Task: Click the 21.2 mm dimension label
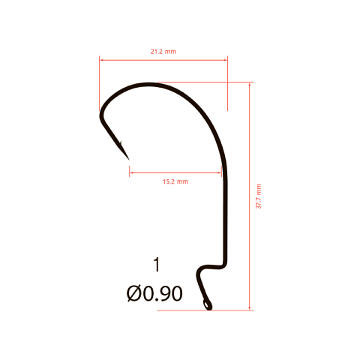pyautogui.click(x=163, y=52)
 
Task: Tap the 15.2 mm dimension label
pyautogui.click(x=175, y=181)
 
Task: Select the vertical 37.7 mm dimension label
pyautogui.click(x=259, y=196)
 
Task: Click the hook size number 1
pyautogui.click(x=157, y=265)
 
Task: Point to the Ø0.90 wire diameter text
pyautogui.click(x=154, y=293)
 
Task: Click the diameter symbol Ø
pyautogui.click(x=133, y=293)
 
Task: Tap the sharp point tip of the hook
pyautogui.click(x=129, y=160)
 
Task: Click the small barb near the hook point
pyautogui.click(x=120, y=143)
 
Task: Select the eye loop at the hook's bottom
pyautogui.click(x=207, y=305)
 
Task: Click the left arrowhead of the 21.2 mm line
pyautogui.click(x=101, y=60)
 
